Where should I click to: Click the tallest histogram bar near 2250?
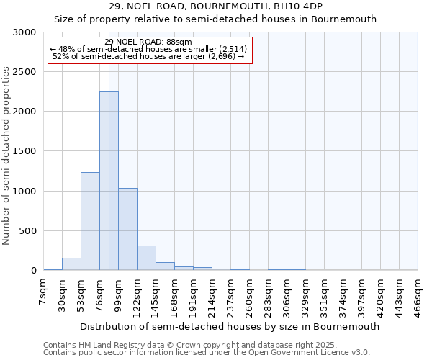[x=109, y=181]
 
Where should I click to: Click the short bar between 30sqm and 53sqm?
[x=71, y=264]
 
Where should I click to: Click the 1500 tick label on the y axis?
[x=24, y=152]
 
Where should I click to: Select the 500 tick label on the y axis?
[x=27, y=231]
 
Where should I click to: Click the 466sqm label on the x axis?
[x=418, y=297]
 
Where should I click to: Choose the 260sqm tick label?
[x=249, y=297]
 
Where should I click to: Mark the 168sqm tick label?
[x=174, y=297]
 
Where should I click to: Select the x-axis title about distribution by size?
[x=230, y=326]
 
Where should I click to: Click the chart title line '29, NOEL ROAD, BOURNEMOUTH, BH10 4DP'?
[x=216, y=6]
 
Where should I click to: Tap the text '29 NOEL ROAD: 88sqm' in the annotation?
[x=148, y=42]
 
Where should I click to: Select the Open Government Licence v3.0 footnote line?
[x=207, y=353]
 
